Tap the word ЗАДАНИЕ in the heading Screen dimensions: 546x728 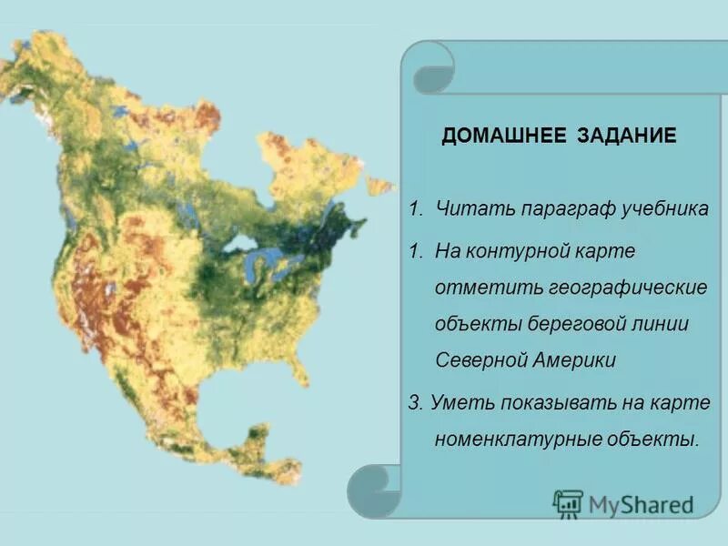(627, 136)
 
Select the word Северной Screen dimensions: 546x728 (482, 359)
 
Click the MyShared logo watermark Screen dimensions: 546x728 (623, 503)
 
